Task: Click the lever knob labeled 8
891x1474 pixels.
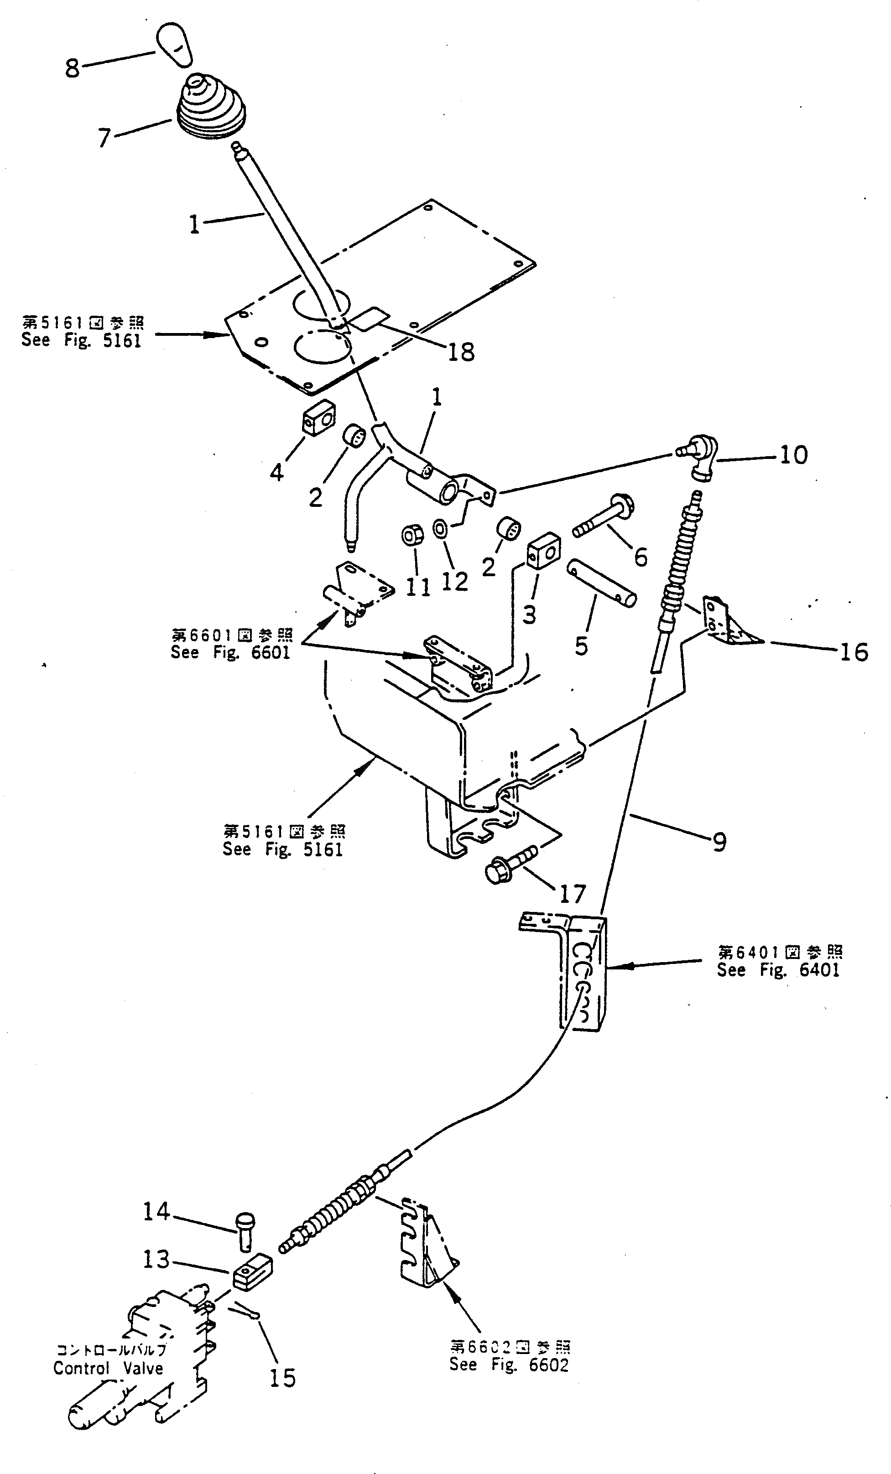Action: (174, 44)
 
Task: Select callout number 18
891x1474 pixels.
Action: (461, 352)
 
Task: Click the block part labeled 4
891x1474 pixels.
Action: (317, 417)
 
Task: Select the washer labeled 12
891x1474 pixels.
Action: (441, 529)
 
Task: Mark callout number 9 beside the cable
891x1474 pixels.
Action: (719, 842)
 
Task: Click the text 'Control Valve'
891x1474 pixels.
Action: (108, 1368)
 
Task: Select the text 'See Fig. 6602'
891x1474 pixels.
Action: (509, 1365)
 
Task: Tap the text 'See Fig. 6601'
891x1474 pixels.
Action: (230, 651)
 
